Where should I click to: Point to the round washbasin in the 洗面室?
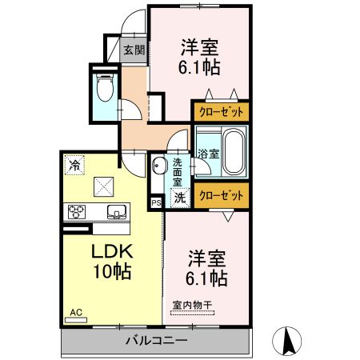click(x=158, y=166)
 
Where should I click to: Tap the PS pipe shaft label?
click(x=155, y=203)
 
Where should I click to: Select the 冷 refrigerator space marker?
click(x=74, y=166)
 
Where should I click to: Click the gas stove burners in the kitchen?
click(x=77, y=212)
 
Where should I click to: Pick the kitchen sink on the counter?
click(x=115, y=212)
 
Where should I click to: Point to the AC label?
click(x=76, y=311)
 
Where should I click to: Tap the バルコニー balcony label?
click(x=156, y=342)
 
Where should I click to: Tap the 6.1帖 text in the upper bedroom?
click(x=199, y=66)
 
